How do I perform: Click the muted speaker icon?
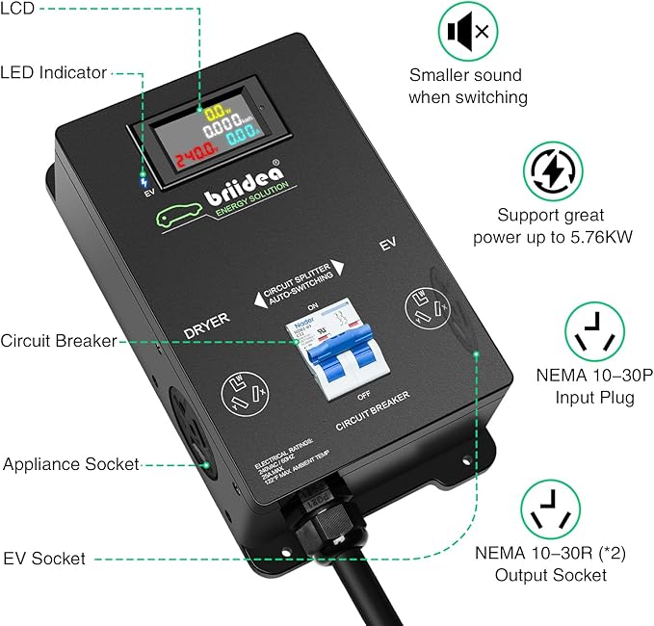pos(468,32)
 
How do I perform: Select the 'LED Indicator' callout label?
pos(54,71)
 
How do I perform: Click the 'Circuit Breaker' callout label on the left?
pos(59,340)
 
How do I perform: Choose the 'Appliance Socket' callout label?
pos(70,464)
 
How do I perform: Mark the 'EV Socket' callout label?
pos(44,559)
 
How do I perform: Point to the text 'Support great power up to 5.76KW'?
pos(552,226)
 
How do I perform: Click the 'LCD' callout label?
pos(18,8)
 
